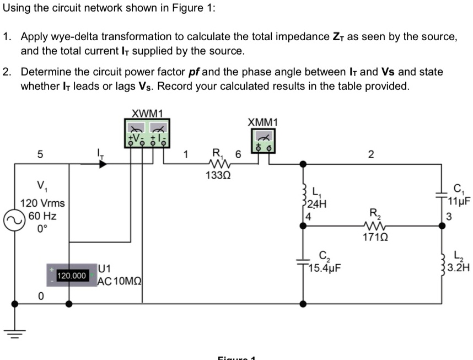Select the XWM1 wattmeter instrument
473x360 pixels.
[x=147, y=133]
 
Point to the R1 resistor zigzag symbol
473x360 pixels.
[x=220, y=164]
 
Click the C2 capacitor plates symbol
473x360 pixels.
[x=303, y=259]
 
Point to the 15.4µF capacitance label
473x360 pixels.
[x=326, y=268]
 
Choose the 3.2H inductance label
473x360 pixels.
[x=459, y=269]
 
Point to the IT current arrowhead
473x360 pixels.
[x=101, y=164]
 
